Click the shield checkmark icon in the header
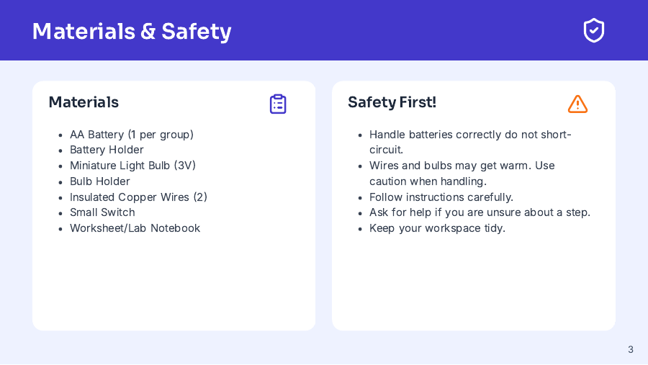[x=593, y=30]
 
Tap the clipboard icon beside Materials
[x=278, y=104]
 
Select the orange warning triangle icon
[x=577, y=104]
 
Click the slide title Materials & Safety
[x=132, y=31]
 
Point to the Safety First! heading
[x=392, y=102]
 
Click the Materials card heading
[x=84, y=102]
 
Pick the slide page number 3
[x=631, y=349]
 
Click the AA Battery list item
[x=132, y=135]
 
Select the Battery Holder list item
[x=107, y=150]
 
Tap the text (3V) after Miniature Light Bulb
[x=185, y=166]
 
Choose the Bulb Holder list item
[x=100, y=181]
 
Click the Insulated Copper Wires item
[x=138, y=197]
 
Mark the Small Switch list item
[x=102, y=212]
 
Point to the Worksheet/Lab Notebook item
[x=135, y=228]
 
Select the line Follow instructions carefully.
[x=441, y=197]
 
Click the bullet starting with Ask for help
[x=480, y=212]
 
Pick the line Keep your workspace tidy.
[x=437, y=228]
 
